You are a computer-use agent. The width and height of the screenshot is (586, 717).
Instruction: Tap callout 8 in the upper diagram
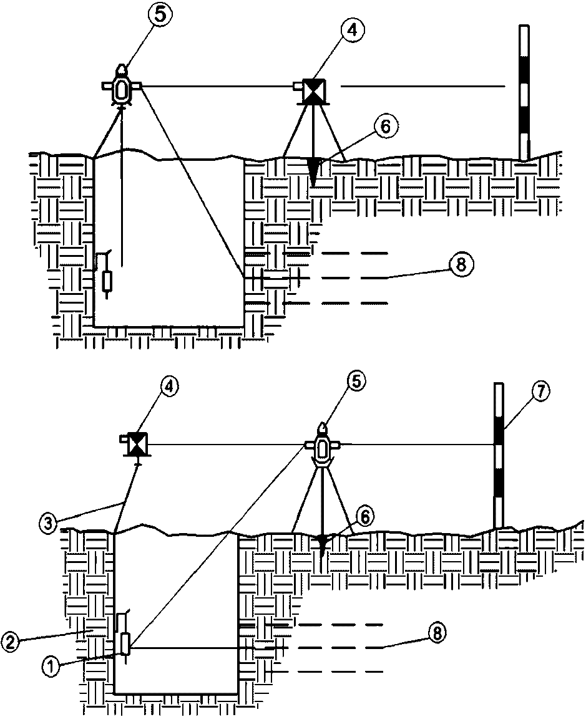click(460, 266)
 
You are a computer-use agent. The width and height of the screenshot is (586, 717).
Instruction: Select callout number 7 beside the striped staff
click(540, 392)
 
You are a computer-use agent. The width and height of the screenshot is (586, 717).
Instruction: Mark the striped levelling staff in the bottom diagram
click(498, 455)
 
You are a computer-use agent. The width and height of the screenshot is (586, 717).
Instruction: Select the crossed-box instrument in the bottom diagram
click(136, 445)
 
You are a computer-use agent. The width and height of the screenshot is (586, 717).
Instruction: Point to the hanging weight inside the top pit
click(107, 281)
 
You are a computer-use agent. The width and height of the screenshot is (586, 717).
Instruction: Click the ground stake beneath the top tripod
click(313, 172)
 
